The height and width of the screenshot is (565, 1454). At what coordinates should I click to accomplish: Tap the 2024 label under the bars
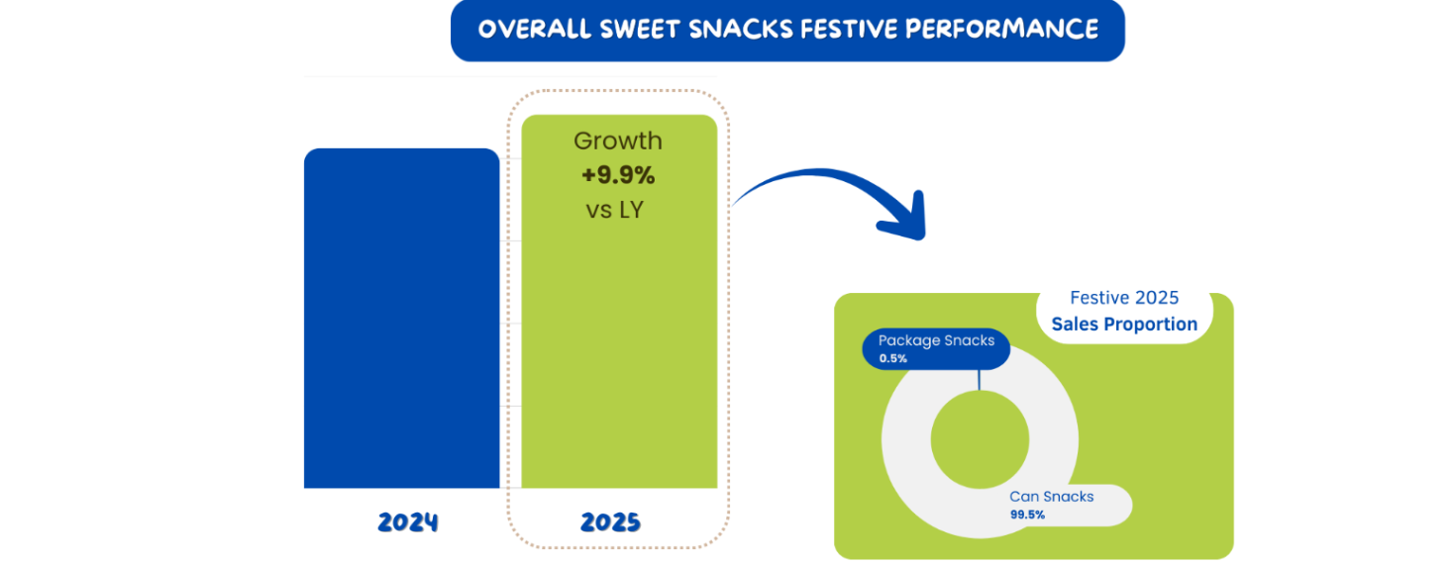407,522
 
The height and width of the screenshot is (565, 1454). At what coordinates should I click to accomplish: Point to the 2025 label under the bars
610,522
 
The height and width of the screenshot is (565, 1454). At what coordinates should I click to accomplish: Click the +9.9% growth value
618,175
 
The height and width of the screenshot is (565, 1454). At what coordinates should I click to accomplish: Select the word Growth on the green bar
618,141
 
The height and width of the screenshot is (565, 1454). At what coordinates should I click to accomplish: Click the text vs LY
617,209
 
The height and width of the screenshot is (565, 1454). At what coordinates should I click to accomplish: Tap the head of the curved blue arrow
902,219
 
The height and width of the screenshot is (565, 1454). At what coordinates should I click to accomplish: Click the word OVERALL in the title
533,29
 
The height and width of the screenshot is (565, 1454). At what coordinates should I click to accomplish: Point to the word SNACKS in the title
737,29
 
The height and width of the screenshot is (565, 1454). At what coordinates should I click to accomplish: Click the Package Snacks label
936,341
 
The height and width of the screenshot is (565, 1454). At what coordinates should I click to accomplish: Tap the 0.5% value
893,358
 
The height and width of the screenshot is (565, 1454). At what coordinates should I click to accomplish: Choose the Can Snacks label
1052,497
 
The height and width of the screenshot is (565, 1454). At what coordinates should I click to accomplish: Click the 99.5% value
1027,515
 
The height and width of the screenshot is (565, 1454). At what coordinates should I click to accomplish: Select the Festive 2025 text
1124,298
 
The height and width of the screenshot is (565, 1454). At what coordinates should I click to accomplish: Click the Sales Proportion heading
1124,324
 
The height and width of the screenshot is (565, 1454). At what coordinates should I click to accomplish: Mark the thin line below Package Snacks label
980,380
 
